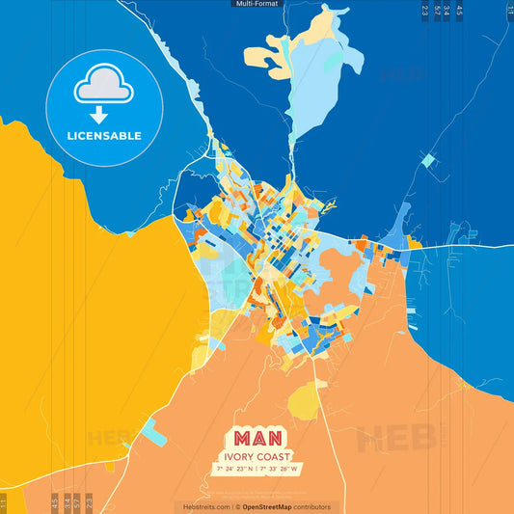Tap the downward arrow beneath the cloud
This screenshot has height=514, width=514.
point(104,111)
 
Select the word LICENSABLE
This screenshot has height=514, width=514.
point(104,136)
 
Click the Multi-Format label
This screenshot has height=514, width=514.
point(257,4)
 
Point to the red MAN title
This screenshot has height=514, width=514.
point(257,436)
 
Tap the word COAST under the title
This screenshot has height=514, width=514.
point(276,456)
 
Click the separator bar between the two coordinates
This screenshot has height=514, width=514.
point(257,469)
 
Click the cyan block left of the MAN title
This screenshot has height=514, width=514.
point(151,435)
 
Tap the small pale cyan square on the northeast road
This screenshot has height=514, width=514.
point(428,158)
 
